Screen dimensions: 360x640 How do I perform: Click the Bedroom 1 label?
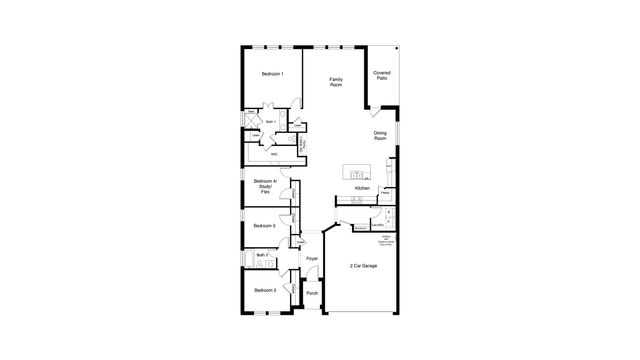click(x=273, y=74)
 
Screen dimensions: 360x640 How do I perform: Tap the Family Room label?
click(x=336, y=82)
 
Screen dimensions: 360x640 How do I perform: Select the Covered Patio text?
click(x=382, y=75)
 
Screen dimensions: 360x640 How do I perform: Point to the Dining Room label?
click(x=380, y=135)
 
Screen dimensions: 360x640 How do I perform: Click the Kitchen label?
click(x=362, y=188)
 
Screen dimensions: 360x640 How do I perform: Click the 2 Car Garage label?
click(x=362, y=266)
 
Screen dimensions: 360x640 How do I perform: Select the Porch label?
click(x=312, y=293)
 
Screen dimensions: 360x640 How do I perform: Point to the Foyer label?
click(x=312, y=259)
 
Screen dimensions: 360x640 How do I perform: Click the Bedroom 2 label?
click(x=264, y=290)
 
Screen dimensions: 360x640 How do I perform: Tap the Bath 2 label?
click(x=262, y=256)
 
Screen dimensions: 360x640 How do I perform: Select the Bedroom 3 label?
click(x=264, y=226)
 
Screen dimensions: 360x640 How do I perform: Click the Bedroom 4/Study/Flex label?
click(x=264, y=186)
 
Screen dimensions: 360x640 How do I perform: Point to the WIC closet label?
click(x=274, y=154)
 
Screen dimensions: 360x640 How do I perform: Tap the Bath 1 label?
click(x=270, y=122)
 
